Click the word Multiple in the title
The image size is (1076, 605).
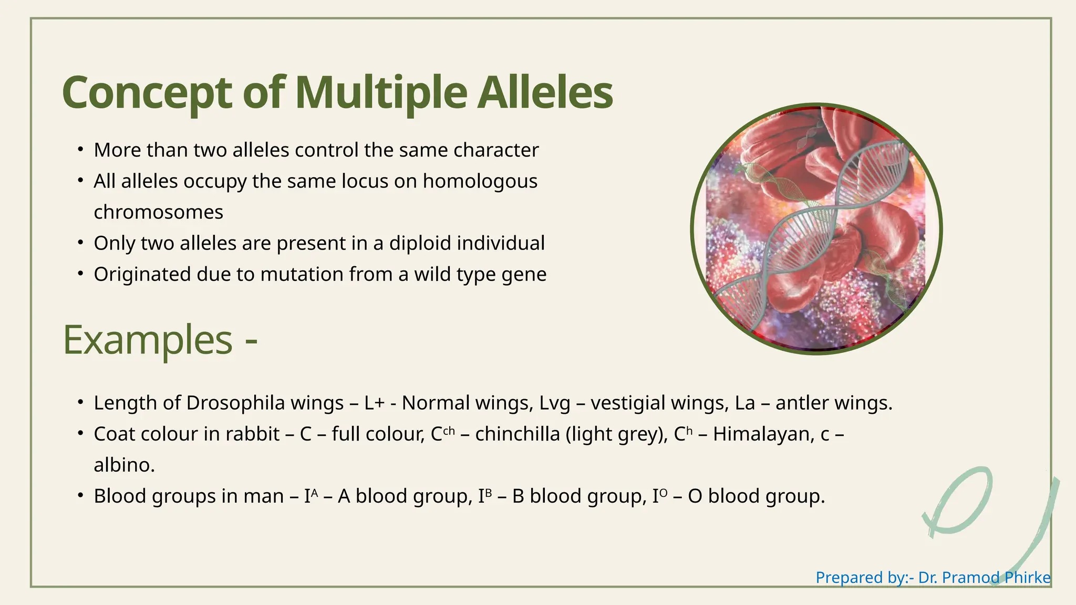coord(381,93)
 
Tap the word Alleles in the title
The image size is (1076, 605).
coord(545,92)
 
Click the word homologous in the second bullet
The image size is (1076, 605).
coord(480,182)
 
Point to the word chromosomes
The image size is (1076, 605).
coord(159,212)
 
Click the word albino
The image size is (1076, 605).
coord(125,465)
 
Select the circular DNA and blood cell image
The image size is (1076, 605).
coord(816,229)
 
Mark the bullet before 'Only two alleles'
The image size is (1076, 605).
coord(80,243)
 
